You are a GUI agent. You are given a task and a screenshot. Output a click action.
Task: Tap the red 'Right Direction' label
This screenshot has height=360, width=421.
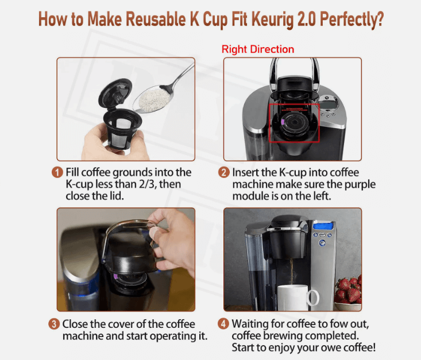[x=258, y=49]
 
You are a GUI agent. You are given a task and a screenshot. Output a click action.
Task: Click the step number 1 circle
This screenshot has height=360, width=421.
[x=57, y=172]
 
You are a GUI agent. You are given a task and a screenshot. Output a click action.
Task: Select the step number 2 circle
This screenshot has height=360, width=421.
[x=224, y=172]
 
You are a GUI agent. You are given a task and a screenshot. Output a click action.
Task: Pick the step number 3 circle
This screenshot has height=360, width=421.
[x=54, y=324]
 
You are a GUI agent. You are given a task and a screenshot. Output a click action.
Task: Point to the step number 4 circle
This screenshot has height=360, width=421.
[x=223, y=324]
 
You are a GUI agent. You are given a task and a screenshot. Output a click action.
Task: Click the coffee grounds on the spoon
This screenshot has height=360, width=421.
[x=153, y=100]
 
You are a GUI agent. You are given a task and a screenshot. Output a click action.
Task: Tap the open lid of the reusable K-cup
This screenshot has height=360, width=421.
[x=115, y=93]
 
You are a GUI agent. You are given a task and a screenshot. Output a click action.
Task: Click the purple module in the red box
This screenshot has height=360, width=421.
[x=283, y=122]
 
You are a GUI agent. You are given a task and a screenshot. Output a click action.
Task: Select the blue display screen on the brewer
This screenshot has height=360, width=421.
[x=323, y=226]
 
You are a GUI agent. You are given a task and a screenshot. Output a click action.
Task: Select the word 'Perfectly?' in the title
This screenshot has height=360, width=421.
[x=352, y=20]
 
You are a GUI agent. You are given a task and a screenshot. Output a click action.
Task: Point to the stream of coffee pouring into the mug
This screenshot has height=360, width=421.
[x=292, y=271]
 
